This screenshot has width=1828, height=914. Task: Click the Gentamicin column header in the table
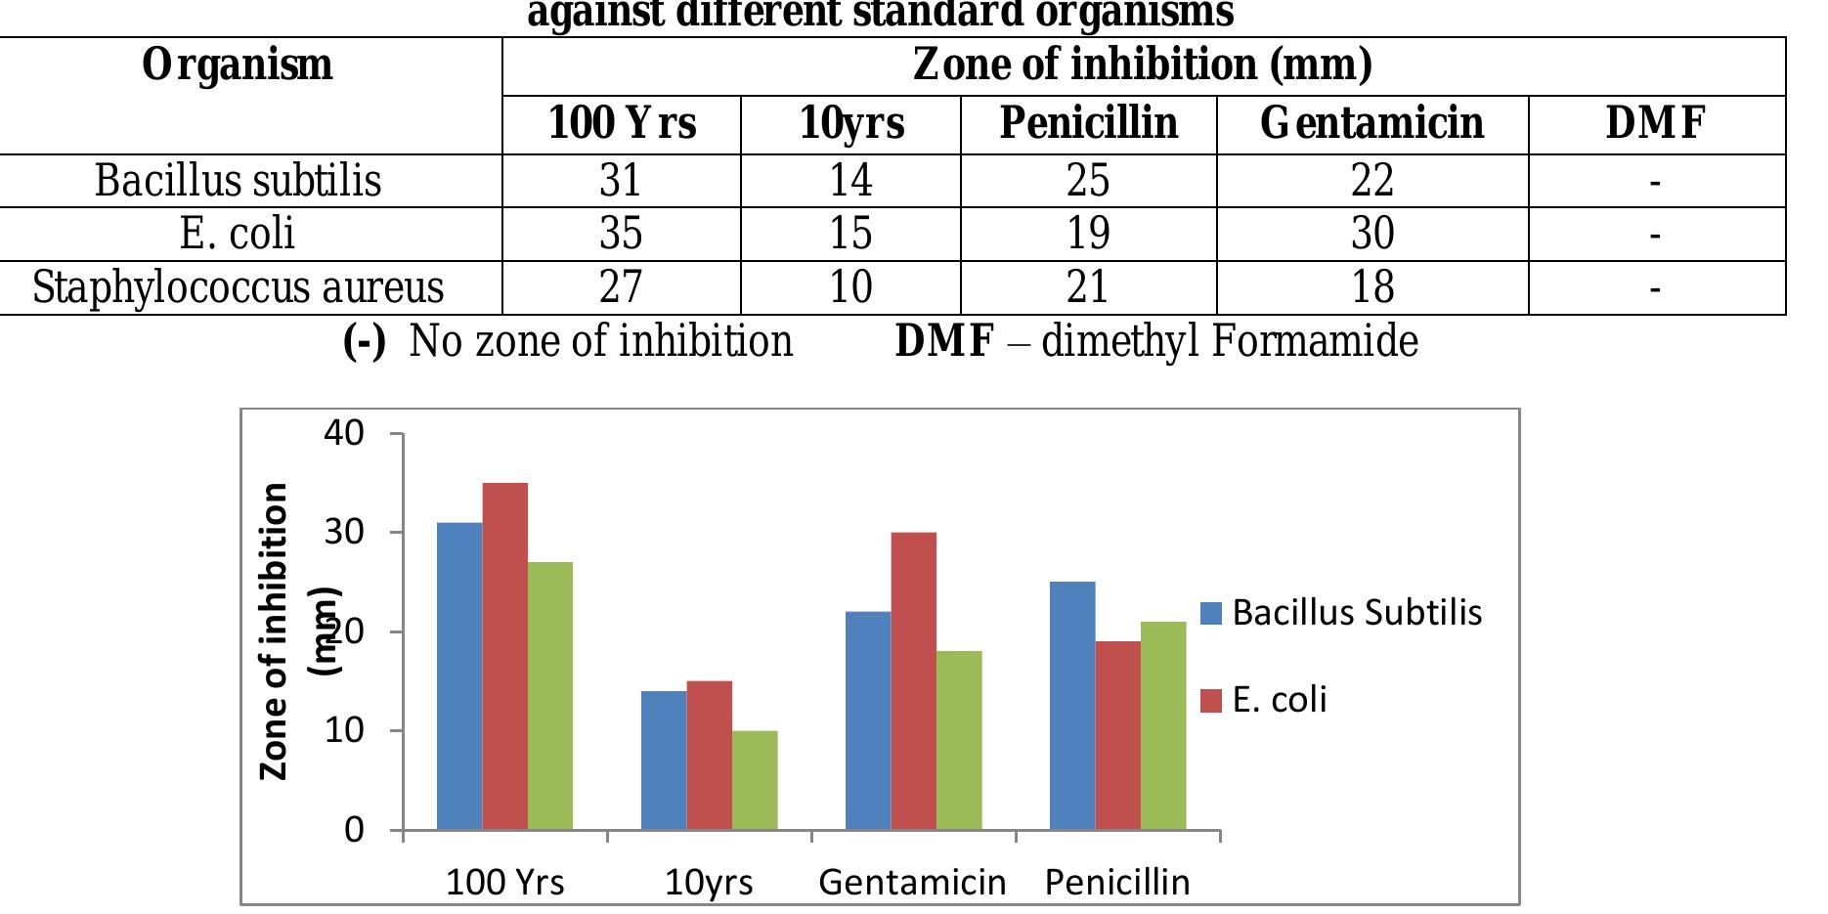[1371, 123]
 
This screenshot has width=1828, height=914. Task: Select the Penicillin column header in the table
[1088, 123]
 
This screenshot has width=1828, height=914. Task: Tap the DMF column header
[1655, 123]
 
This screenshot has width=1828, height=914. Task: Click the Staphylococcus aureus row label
[238, 287]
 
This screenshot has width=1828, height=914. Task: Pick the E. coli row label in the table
[238, 234]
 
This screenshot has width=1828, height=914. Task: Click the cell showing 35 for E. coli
[621, 234]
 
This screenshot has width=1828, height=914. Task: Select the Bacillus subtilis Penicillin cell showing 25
[1088, 180]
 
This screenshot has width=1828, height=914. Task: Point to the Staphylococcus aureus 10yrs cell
[850, 287]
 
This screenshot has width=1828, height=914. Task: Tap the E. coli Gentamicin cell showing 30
[1371, 234]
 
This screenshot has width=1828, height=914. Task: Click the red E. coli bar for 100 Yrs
[504, 655]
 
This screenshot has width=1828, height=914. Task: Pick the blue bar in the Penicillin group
[1072, 705]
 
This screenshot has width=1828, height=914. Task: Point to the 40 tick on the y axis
[344, 433]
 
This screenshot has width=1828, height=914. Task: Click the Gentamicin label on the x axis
[912, 883]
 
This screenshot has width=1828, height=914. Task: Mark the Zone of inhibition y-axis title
[275, 631]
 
